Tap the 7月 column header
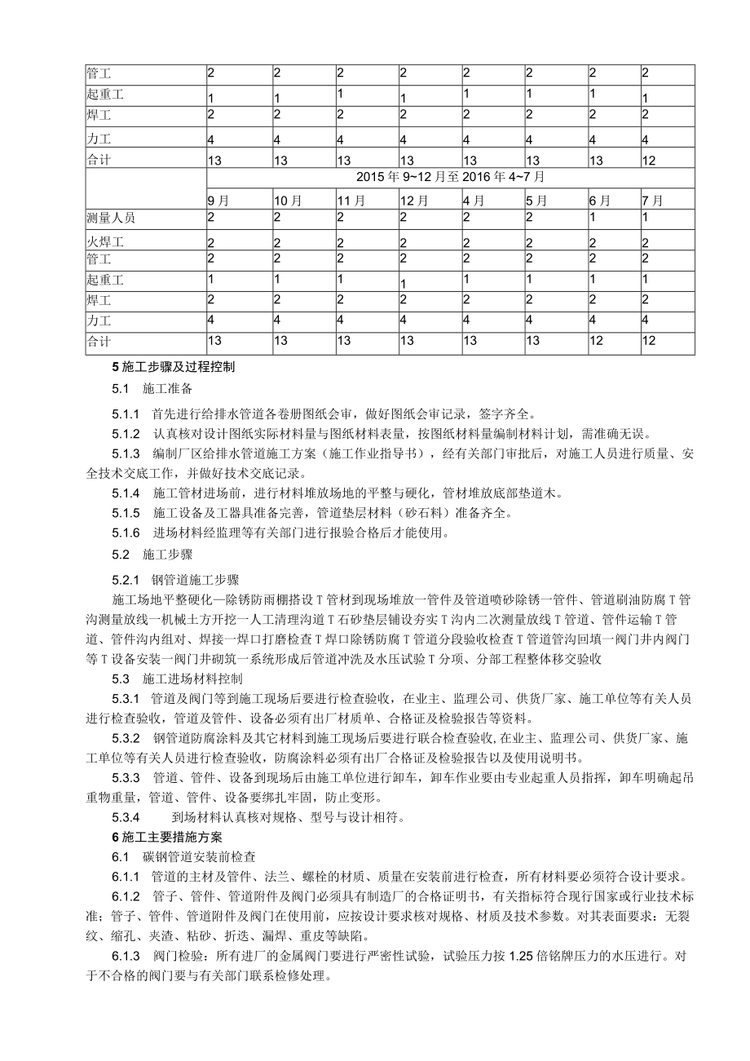click(652, 200)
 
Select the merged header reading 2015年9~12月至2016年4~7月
click(450, 176)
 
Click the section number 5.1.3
click(126, 453)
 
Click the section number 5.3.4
click(126, 816)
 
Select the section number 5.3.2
click(126, 738)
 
